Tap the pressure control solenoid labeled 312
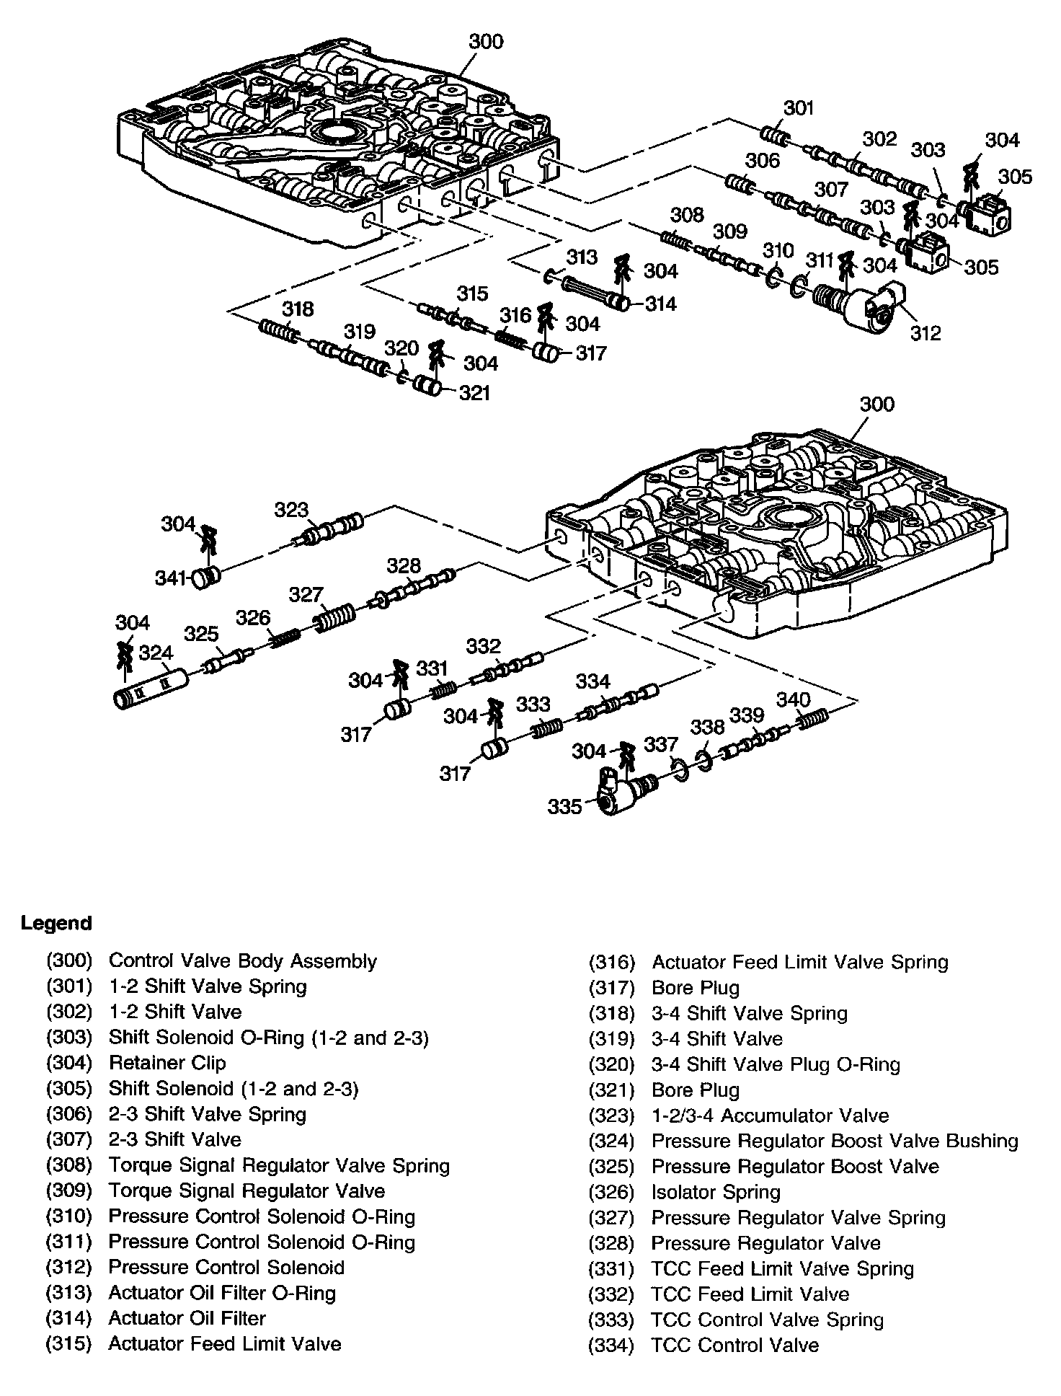click(859, 307)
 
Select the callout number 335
click(564, 805)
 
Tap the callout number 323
click(290, 510)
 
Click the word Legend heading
click(56, 923)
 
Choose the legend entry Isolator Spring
click(716, 1192)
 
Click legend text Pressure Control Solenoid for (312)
click(226, 1267)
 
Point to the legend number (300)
click(69, 961)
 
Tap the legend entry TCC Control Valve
click(735, 1345)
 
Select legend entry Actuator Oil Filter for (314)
click(187, 1317)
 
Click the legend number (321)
click(611, 1090)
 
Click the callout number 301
click(799, 107)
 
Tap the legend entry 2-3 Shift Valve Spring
click(208, 1114)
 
